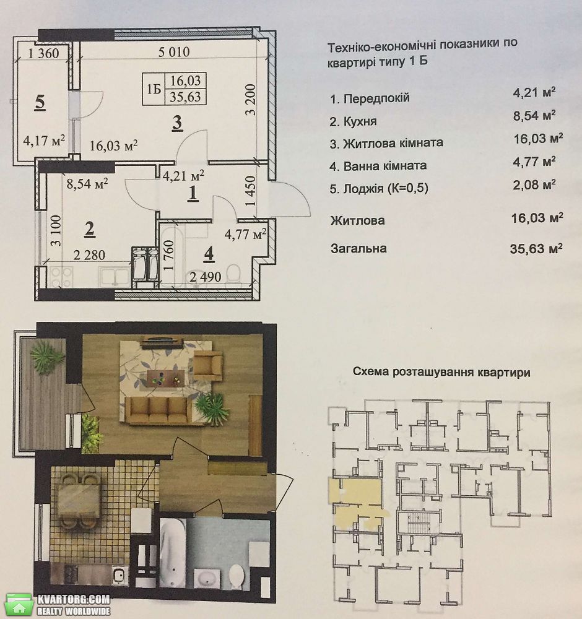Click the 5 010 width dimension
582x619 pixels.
pos(174,52)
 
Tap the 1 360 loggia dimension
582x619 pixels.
pos(43,53)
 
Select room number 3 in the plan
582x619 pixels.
pos(177,123)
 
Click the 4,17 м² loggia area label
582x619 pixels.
pos(44,140)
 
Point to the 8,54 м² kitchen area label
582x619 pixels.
pos(87,184)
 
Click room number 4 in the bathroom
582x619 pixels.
pos(209,254)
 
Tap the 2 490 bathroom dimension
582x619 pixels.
pos(206,277)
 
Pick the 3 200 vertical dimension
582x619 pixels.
pos(250,100)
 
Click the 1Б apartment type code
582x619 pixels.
pos(154,89)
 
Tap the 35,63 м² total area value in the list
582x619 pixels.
pos(536,248)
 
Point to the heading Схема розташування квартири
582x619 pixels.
pos(441,372)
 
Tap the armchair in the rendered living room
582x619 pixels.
pos(207,366)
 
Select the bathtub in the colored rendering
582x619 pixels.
pos(173,554)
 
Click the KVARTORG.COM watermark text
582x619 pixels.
pos(74,600)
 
